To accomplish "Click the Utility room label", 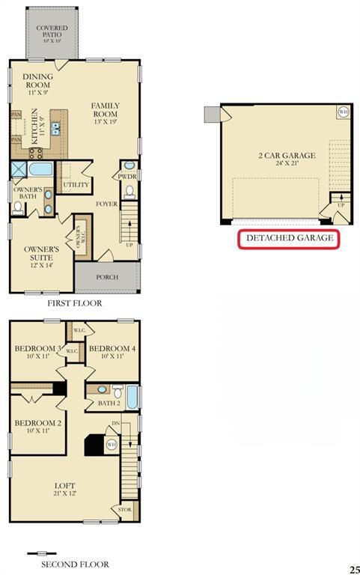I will (x=76, y=184).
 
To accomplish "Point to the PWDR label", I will (x=126, y=177).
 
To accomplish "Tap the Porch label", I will (x=106, y=277).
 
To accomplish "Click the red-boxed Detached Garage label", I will (x=289, y=240).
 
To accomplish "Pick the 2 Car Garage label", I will (x=287, y=160).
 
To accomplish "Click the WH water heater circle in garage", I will (x=344, y=112).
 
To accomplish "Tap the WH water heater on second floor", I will (x=112, y=445).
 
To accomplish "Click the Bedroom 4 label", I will (x=112, y=352).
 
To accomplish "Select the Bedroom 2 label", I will (x=37, y=427).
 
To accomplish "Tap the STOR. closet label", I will (x=124, y=510).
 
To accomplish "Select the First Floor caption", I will (x=74, y=304).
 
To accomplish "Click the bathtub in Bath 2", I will (x=132, y=397).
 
